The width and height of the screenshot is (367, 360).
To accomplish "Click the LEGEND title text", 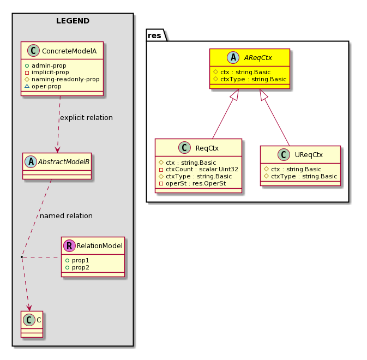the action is [x=73, y=21].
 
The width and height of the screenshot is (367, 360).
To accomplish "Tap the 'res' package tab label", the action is [x=154, y=35].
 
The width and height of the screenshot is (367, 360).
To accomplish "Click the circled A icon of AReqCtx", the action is [x=233, y=58].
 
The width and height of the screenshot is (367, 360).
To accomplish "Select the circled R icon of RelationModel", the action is [x=69, y=245].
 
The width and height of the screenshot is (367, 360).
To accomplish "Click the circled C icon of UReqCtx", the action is [x=284, y=155].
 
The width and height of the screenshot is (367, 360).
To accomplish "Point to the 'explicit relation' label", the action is [x=86, y=117].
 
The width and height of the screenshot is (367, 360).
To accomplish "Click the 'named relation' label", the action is [x=66, y=215].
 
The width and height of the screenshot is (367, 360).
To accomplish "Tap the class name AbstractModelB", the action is [x=64, y=162].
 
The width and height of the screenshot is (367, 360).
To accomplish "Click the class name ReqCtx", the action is [x=207, y=148].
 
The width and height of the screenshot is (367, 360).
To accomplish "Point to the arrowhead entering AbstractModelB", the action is [x=57, y=150].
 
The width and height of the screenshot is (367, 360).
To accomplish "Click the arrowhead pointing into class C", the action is [x=29, y=308].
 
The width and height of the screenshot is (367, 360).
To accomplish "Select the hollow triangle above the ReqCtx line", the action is [x=235, y=95].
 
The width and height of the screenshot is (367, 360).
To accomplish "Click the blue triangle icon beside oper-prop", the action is [x=27, y=86].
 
